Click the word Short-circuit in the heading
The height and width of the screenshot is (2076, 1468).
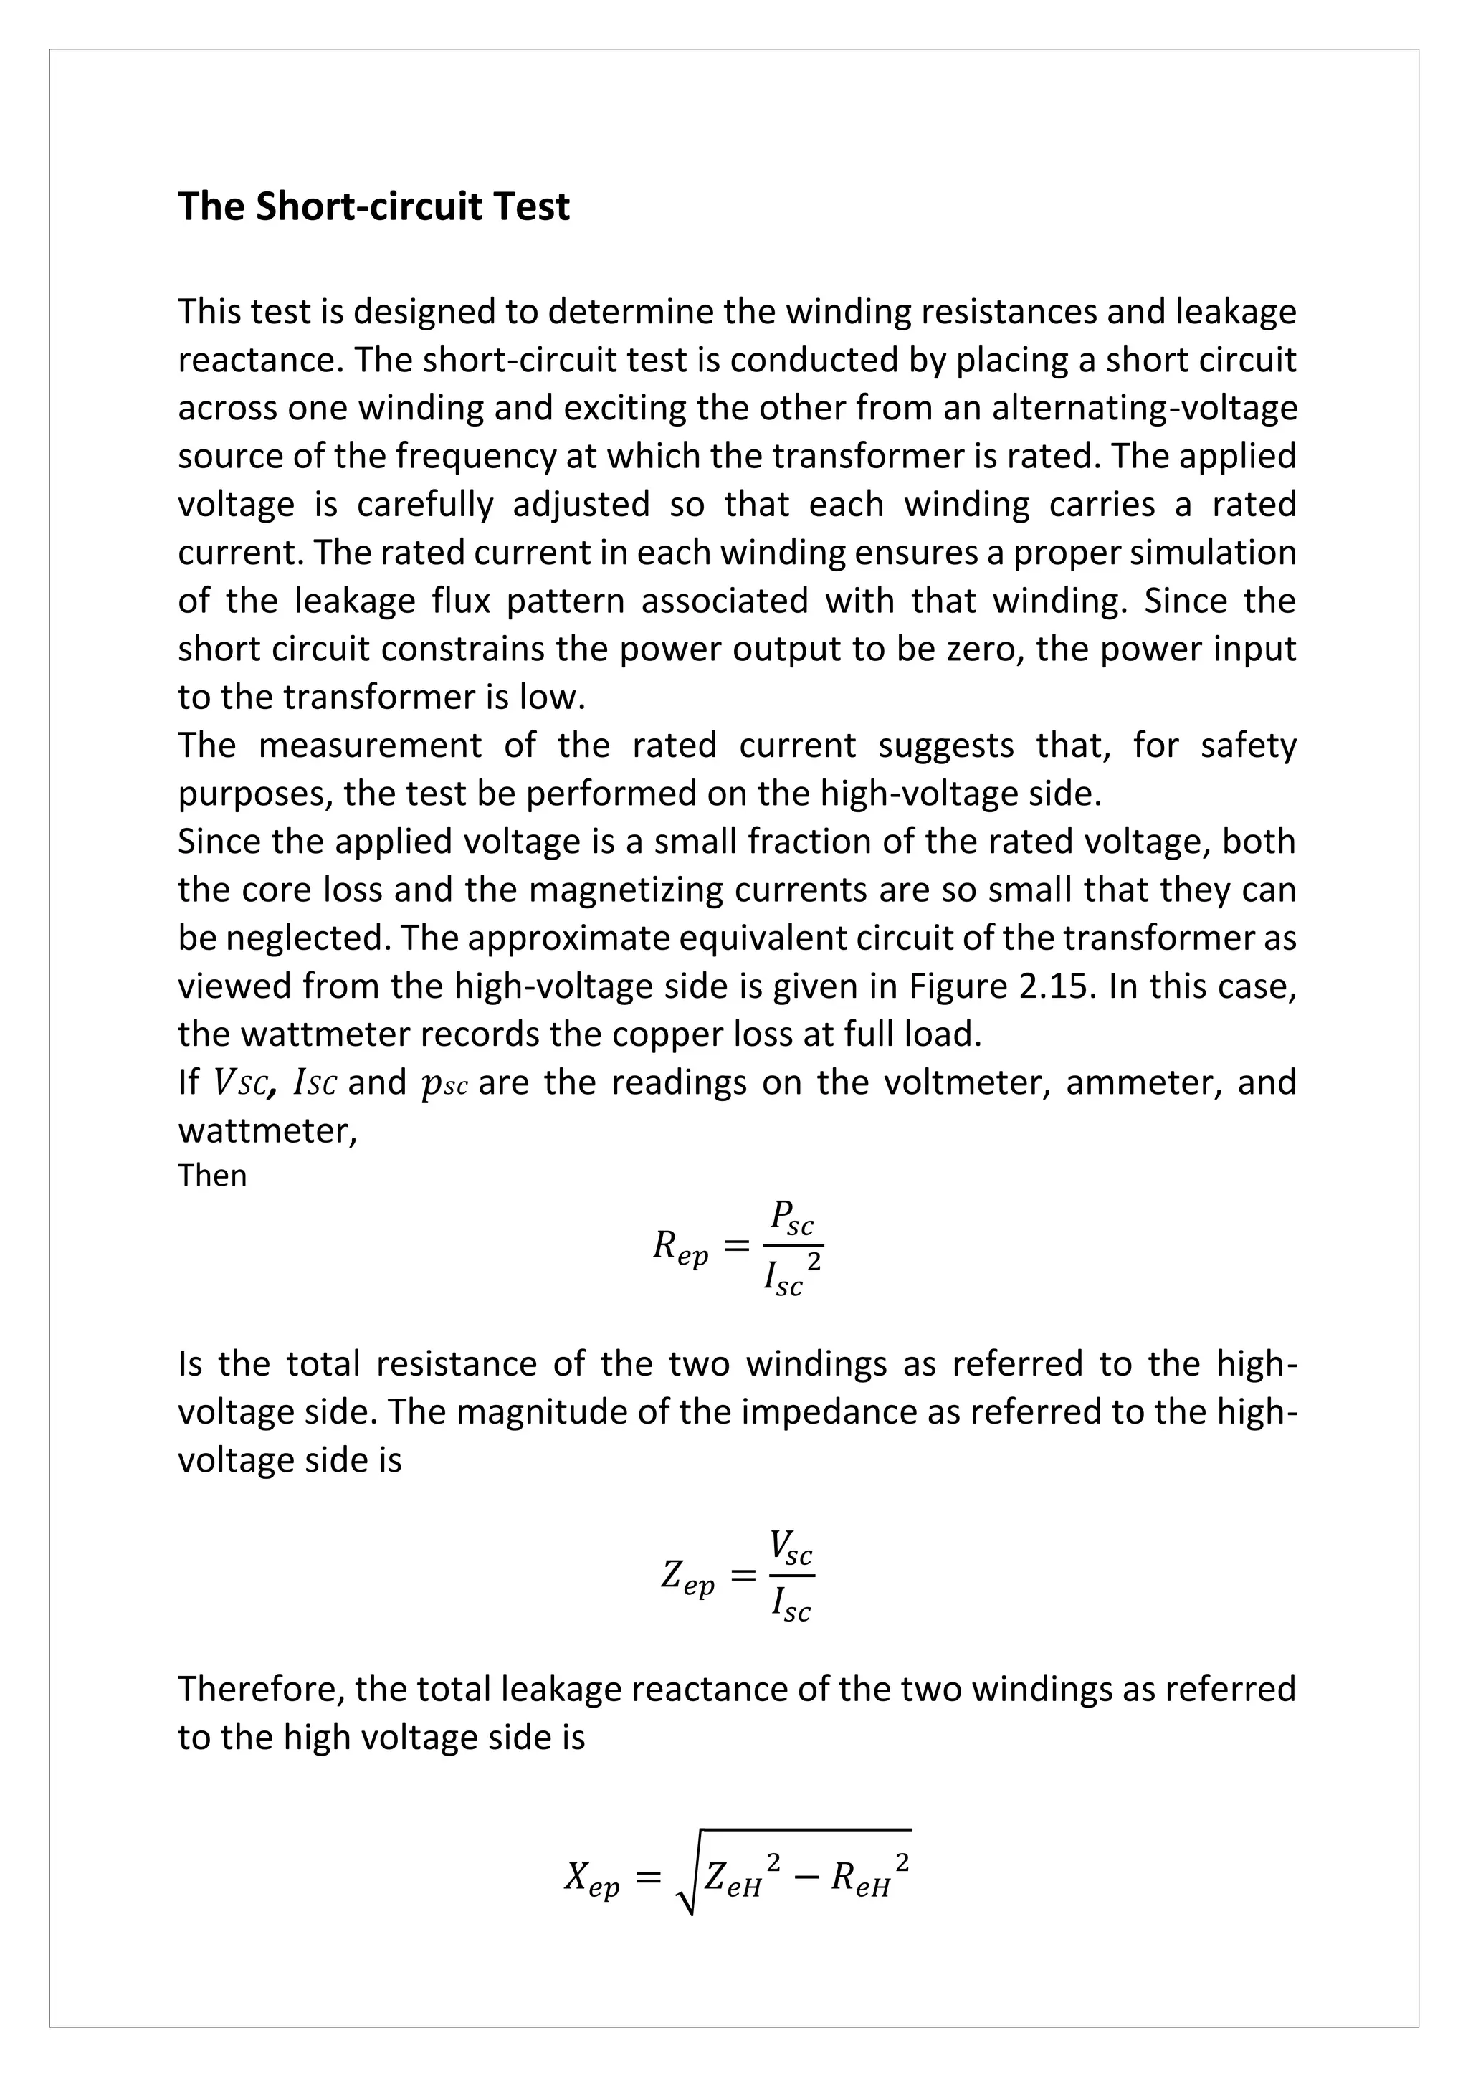(357, 207)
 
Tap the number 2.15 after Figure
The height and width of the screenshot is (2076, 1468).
(1057, 986)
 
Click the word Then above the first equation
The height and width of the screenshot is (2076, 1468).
(211, 1176)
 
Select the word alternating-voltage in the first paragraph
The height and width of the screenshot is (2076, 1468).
(1145, 408)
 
